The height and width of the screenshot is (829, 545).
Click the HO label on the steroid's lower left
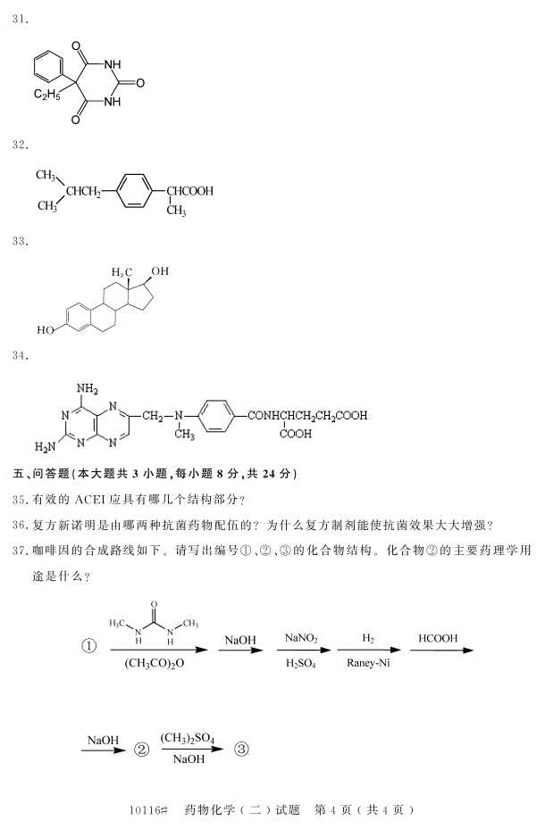(46, 330)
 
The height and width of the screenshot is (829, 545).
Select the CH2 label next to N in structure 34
(153, 415)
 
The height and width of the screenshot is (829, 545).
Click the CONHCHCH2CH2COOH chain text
(306, 415)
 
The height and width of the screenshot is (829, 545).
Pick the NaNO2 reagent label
(301, 638)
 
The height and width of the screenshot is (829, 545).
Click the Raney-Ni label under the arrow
(368, 663)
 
